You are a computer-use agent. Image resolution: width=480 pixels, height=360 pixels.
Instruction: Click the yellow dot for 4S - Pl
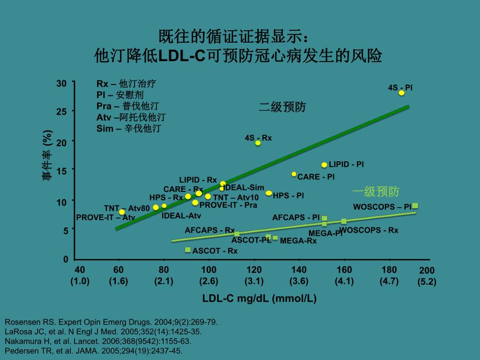(x=401, y=93)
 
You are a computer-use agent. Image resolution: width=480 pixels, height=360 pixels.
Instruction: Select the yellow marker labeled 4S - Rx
(x=258, y=143)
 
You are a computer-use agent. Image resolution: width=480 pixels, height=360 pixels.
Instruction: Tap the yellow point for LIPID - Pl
(x=324, y=165)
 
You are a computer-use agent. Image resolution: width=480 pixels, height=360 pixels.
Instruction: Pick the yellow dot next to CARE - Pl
(x=294, y=174)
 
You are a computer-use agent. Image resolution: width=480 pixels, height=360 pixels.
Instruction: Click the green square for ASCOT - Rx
(x=188, y=250)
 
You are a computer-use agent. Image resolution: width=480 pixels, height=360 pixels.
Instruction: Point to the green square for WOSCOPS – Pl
(x=415, y=206)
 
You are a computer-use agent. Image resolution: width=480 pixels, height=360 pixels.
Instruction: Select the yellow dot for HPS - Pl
(x=269, y=193)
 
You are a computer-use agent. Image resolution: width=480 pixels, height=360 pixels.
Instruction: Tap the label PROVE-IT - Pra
(x=228, y=205)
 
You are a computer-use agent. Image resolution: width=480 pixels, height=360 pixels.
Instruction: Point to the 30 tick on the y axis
(x=62, y=83)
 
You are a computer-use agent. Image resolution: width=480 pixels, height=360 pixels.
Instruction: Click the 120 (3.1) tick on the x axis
(x=254, y=275)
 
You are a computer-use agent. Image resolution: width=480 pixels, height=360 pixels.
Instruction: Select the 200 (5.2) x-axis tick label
(x=426, y=275)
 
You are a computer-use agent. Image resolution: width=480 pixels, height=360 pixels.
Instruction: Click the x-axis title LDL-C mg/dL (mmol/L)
(x=259, y=298)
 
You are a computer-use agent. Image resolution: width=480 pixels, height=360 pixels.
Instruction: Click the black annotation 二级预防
(x=282, y=107)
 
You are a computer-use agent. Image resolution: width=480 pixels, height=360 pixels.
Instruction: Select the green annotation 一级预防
(x=376, y=191)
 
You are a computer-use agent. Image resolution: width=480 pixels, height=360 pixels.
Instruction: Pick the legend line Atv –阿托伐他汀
(x=131, y=117)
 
